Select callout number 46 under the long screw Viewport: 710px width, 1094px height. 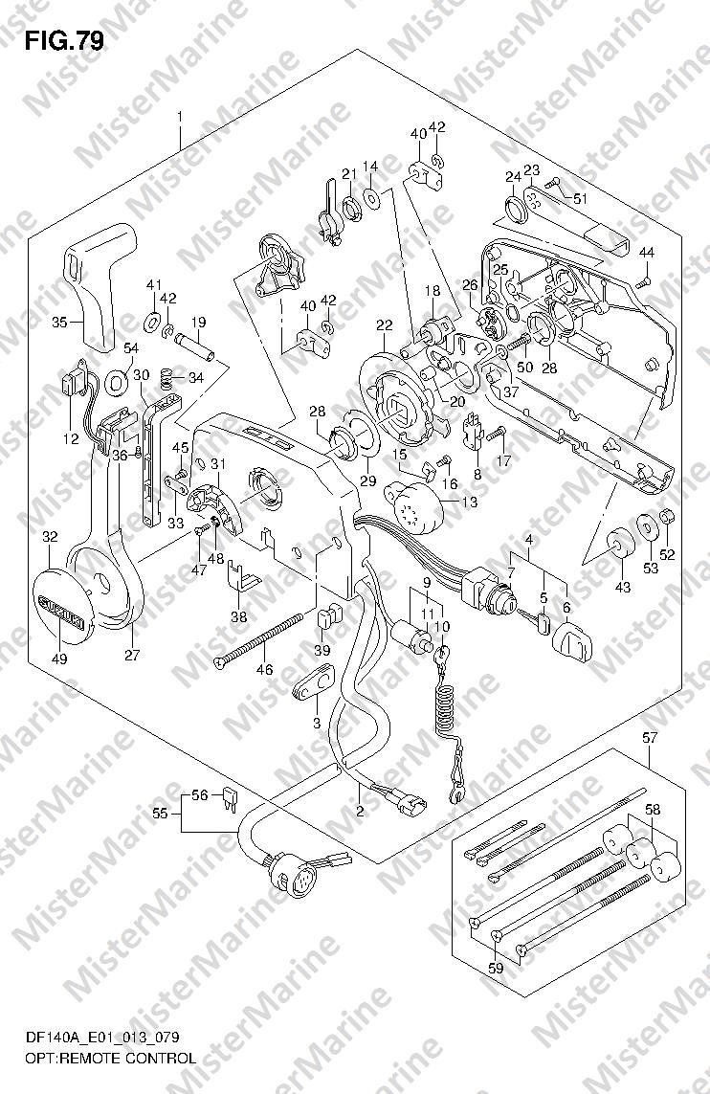tap(265, 670)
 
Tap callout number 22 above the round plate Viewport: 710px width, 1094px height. tap(385, 325)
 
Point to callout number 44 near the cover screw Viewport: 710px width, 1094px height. tap(647, 252)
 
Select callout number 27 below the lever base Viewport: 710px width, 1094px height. tap(132, 655)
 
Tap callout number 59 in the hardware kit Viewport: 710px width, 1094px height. tap(496, 969)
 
